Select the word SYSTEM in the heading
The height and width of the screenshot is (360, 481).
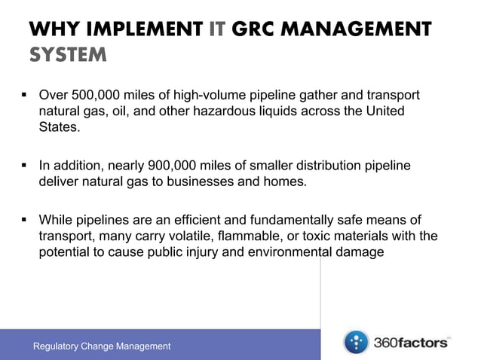click(x=67, y=56)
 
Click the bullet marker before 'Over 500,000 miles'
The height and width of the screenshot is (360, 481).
click(x=24, y=96)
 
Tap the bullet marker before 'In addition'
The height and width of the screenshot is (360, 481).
click(x=24, y=165)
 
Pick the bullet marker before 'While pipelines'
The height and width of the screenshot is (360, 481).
click(x=24, y=220)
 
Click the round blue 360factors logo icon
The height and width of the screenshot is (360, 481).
click(x=356, y=343)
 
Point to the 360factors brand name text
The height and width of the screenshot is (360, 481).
click(x=412, y=343)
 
